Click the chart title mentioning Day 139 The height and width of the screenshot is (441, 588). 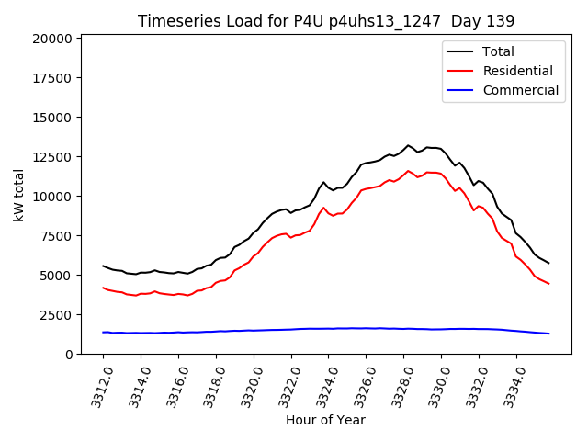click(x=326, y=21)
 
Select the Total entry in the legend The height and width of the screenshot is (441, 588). click(x=498, y=51)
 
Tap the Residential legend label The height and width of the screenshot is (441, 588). click(x=517, y=71)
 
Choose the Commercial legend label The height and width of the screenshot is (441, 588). click(x=520, y=90)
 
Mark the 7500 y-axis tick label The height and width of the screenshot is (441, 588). click(x=58, y=236)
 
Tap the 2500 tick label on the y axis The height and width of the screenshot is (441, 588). click(x=58, y=315)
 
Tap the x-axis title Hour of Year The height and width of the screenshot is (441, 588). click(x=325, y=420)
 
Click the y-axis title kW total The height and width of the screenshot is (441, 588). click(x=18, y=195)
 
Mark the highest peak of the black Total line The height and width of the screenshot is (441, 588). click(x=409, y=145)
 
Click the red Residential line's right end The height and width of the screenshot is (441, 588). click(x=548, y=283)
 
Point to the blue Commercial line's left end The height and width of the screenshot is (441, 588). click(x=103, y=332)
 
